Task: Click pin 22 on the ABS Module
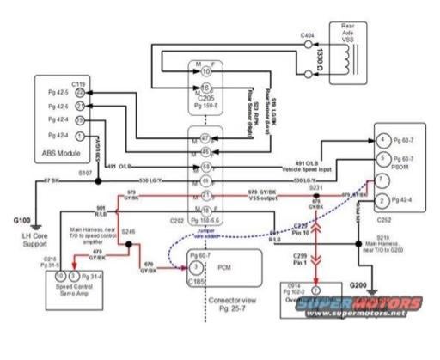pos(79,91)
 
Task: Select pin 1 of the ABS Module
pos(79,135)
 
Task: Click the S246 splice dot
pos(130,244)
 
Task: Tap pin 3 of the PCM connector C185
pos(184,267)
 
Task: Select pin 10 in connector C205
pos(205,71)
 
